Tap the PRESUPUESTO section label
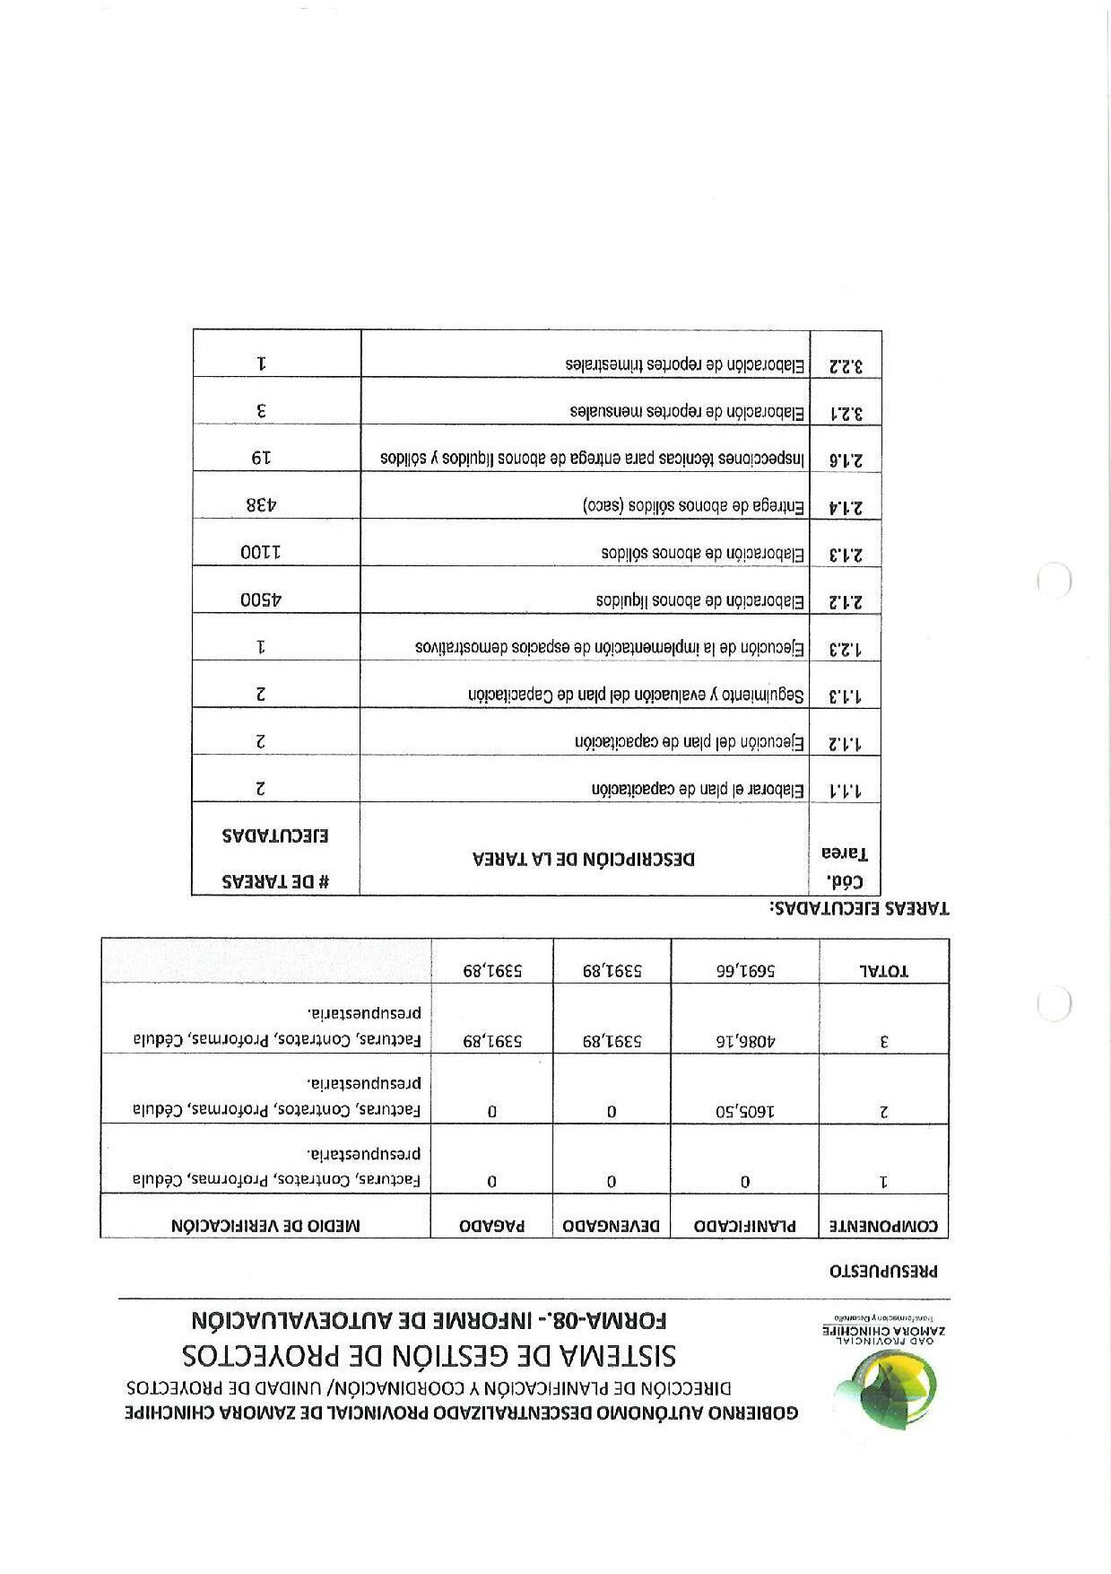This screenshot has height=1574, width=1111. [x=882, y=1271]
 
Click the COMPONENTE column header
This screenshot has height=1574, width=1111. [x=883, y=1225]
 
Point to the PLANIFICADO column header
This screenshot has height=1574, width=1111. [x=745, y=1225]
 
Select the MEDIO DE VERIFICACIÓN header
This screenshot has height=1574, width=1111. [x=265, y=1225]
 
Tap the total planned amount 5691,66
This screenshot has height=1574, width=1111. [x=745, y=970]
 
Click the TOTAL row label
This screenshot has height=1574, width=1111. [x=884, y=970]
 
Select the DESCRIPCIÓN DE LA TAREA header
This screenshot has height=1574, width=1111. [x=584, y=859]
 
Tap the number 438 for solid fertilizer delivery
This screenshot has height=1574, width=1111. [x=263, y=504]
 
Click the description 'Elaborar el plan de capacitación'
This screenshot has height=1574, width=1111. [x=698, y=790]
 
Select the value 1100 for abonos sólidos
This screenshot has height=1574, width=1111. [x=261, y=553]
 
